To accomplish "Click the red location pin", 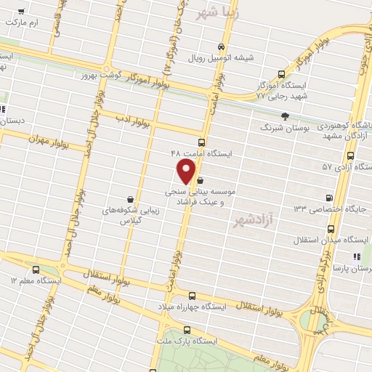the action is [x=187, y=171].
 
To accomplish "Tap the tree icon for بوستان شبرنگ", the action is [x=285, y=116].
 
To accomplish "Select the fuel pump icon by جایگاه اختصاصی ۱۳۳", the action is [x=331, y=198].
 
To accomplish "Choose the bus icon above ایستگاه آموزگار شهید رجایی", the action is [x=282, y=74].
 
